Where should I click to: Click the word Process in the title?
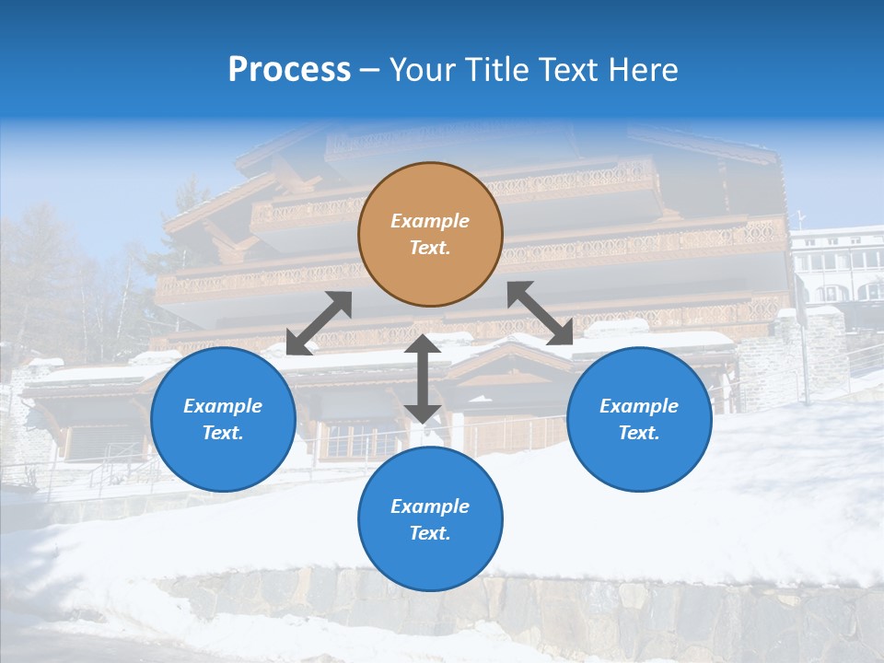[289, 70]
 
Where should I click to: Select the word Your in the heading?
[419, 70]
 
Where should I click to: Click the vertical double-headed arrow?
[422, 378]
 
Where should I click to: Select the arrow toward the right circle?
[540, 313]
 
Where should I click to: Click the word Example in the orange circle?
[430, 221]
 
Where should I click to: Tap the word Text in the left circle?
[223, 433]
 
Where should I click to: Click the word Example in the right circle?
[639, 406]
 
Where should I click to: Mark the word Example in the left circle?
[223, 406]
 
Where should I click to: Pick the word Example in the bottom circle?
[430, 506]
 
